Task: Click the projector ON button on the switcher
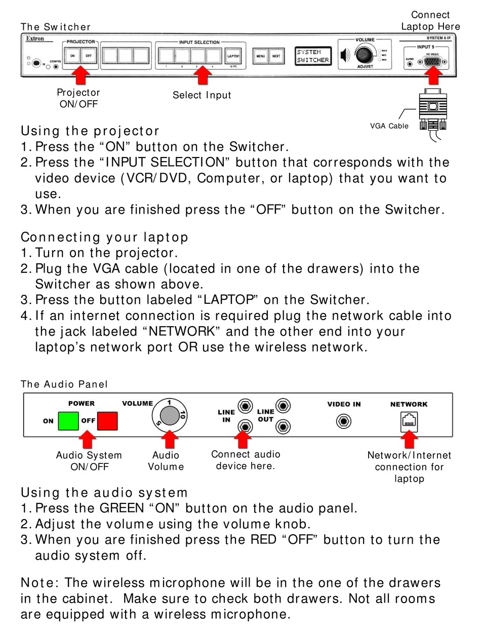point(72,56)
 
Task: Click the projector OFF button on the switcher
point(88,56)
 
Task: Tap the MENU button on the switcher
point(260,56)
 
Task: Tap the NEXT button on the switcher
point(276,56)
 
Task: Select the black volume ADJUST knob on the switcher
point(363,54)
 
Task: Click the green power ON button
point(68,420)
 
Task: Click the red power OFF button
point(107,420)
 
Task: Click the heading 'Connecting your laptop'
point(104,237)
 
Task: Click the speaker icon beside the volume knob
point(345,55)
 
